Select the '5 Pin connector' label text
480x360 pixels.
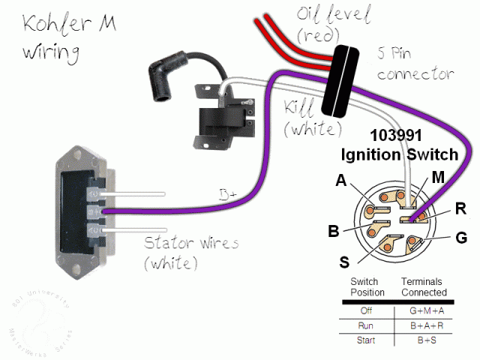[x=415, y=64]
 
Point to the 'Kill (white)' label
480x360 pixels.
[x=309, y=116]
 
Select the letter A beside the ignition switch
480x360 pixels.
[x=341, y=181]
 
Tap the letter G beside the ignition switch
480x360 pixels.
[x=460, y=238]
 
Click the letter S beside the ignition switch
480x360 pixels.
[x=345, y=262]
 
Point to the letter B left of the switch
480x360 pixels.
[x=334, y=231]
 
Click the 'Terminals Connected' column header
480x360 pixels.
[x=424, y=286]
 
